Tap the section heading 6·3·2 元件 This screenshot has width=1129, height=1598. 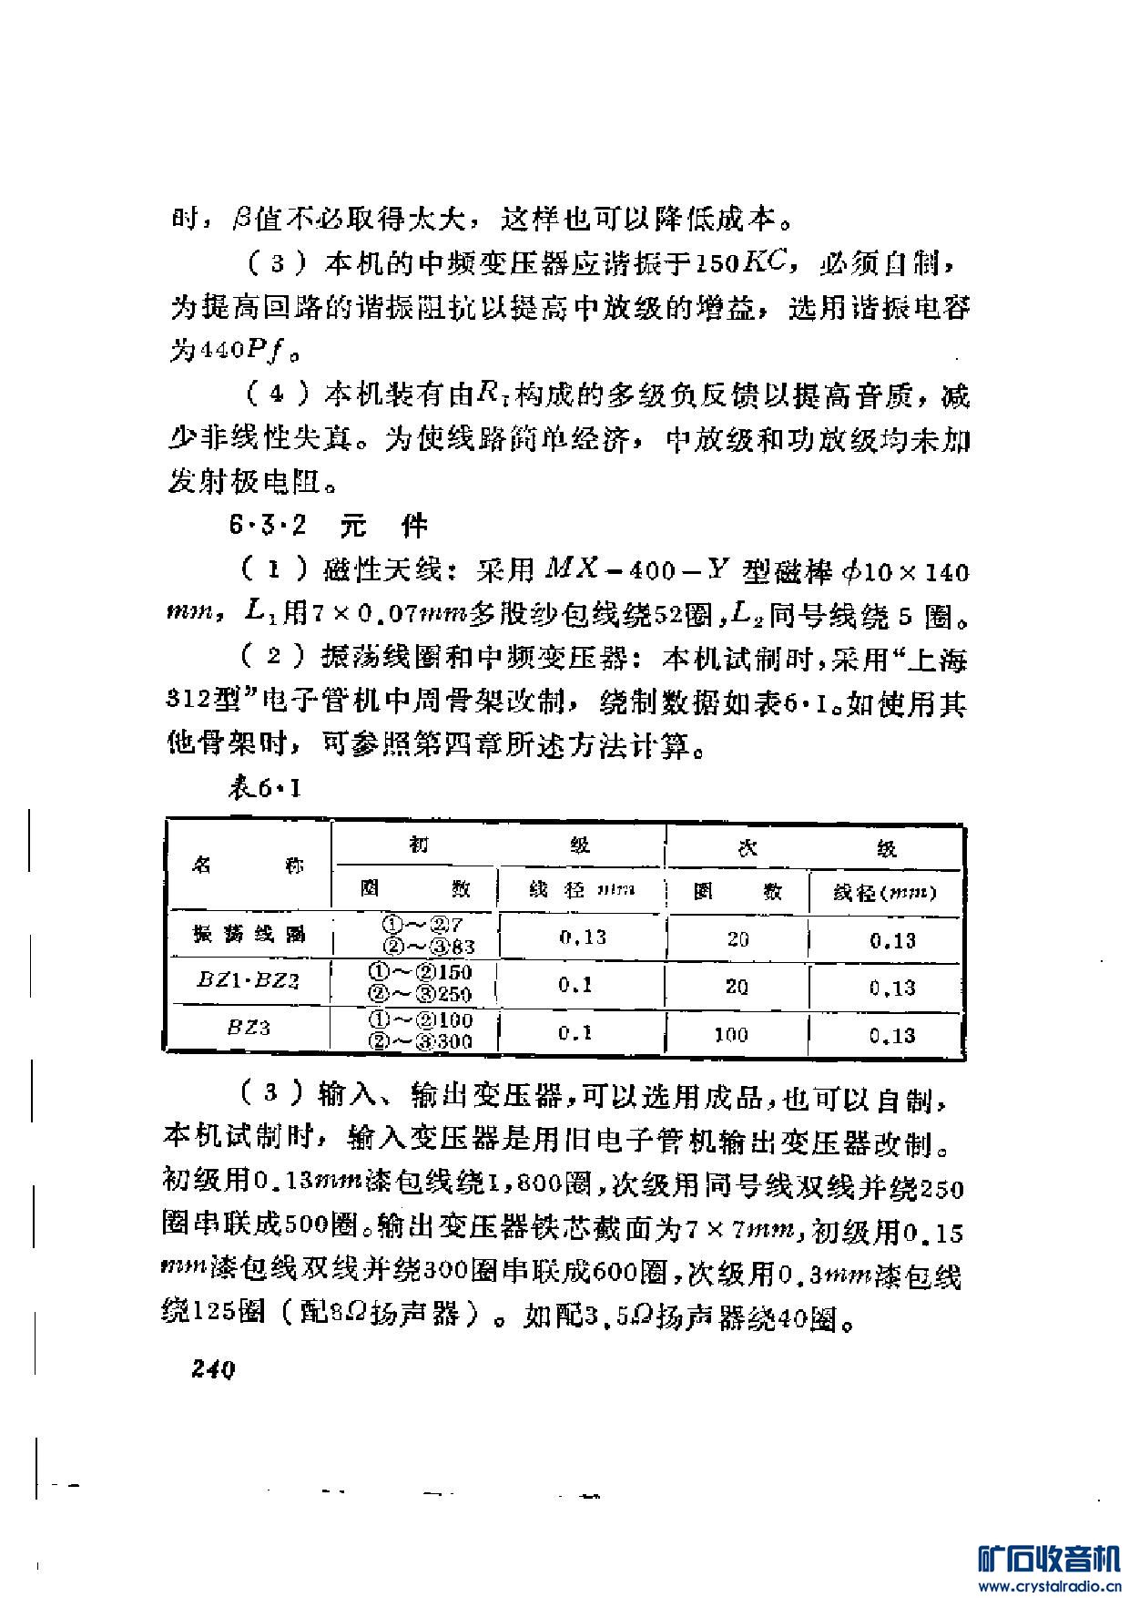(x=329, y=527)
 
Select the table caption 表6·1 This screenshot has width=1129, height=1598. (x=264, y=789)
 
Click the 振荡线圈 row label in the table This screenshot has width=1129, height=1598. (x=249, y=935)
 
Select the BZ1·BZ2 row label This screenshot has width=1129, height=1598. (x=248, y=981)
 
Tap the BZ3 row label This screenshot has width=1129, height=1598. (x=249, y=1029)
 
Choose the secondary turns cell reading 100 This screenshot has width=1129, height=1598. (x=731, y=1034)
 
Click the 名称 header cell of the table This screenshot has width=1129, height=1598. (x=248, y=866)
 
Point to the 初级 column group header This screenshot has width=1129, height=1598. (x=498, y=846)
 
